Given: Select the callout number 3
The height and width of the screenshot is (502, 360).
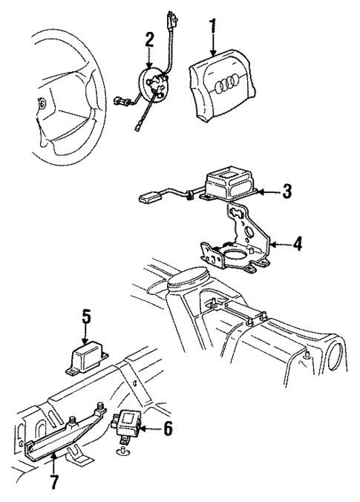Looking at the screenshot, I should click(x=286, y=190).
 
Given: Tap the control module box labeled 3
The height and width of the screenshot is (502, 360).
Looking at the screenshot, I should click(x=230, y=181).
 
